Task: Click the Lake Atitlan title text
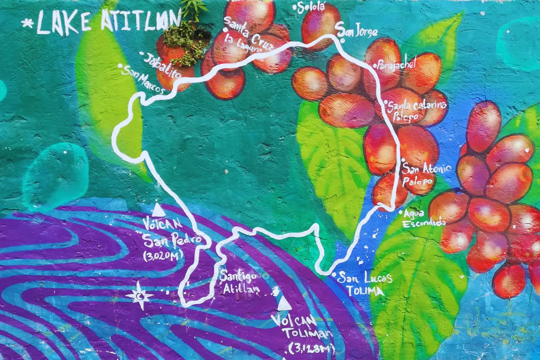coord(108,22)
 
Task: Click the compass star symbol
coord(139,296)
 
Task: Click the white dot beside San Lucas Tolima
coord(334,274)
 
